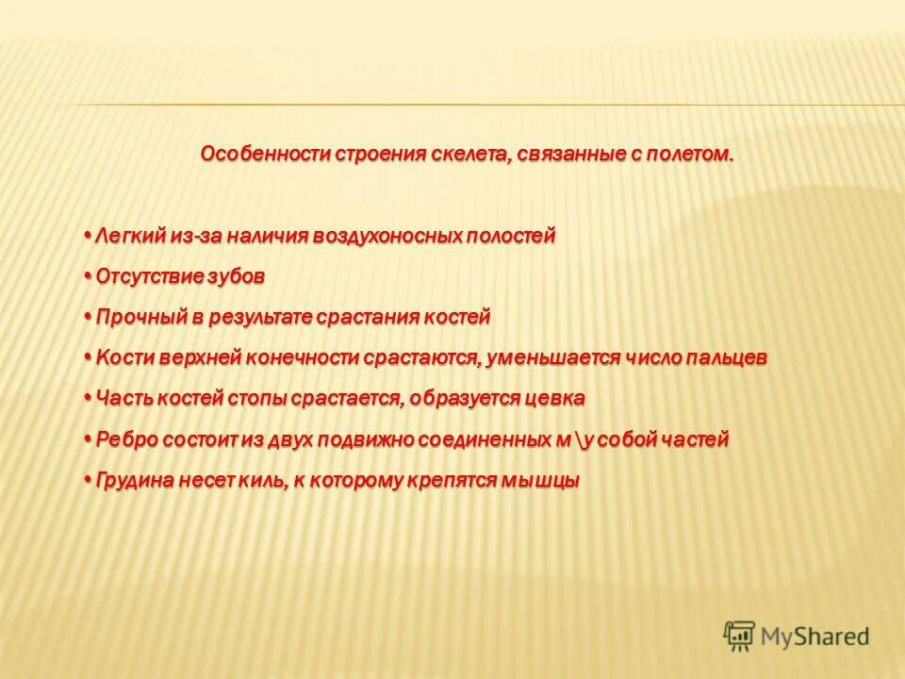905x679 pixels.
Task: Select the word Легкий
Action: point(131,236)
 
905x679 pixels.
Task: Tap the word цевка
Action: point(557,399)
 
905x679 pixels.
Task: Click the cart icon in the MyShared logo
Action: point(739,635)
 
